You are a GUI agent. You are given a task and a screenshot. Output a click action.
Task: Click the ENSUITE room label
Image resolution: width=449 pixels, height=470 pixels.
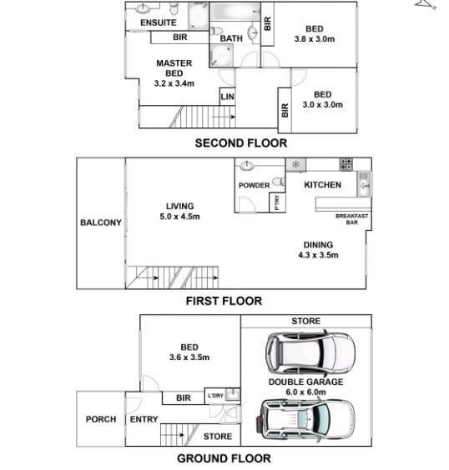[x=159, y=22]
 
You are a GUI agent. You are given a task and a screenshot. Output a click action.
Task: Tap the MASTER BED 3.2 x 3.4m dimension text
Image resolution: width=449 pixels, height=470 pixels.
[x=174, y=83]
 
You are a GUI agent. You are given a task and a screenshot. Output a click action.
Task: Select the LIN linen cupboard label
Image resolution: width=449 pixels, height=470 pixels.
[x=227, y=97]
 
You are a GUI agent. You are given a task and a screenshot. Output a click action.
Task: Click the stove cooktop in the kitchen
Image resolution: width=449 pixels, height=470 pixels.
[x=346, y=164]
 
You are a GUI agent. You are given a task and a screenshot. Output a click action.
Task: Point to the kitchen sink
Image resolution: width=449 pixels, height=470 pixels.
[x=364, y=183]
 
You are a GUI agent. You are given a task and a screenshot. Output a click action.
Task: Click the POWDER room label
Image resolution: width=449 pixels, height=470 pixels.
[x=254, y=186]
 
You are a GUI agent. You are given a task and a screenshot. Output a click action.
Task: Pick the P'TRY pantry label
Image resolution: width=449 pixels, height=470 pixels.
[x=277, y=202]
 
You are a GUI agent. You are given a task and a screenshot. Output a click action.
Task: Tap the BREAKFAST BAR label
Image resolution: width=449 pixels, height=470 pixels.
[x=351, y=219]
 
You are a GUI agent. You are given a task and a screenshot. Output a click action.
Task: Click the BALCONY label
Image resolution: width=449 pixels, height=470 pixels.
[x=101, y=222]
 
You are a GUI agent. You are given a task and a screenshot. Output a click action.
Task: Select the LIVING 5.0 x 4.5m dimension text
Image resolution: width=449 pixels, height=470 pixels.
[x=179, y=217]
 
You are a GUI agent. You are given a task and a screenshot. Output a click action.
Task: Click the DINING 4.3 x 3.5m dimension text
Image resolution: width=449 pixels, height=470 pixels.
[x=318, y=255]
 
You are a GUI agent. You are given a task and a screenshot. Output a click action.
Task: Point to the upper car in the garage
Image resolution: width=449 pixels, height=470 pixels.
[x=310, y=352]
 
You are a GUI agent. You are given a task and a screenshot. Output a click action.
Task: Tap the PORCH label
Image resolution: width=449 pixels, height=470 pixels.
[x=101, y=419]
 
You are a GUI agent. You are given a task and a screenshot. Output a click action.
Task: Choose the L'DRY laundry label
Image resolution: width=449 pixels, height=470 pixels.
[x=215, y=396]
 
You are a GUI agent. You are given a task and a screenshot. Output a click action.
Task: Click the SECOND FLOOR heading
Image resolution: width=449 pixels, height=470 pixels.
[x=241, y=143]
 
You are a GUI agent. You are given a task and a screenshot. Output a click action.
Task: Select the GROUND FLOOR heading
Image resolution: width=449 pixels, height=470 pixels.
[x=224, y=458]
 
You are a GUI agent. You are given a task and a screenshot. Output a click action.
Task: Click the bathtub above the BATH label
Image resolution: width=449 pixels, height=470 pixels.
[x=235, y=12]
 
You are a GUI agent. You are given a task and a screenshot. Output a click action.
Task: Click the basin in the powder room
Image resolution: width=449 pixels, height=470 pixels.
[x=247, y=166]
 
